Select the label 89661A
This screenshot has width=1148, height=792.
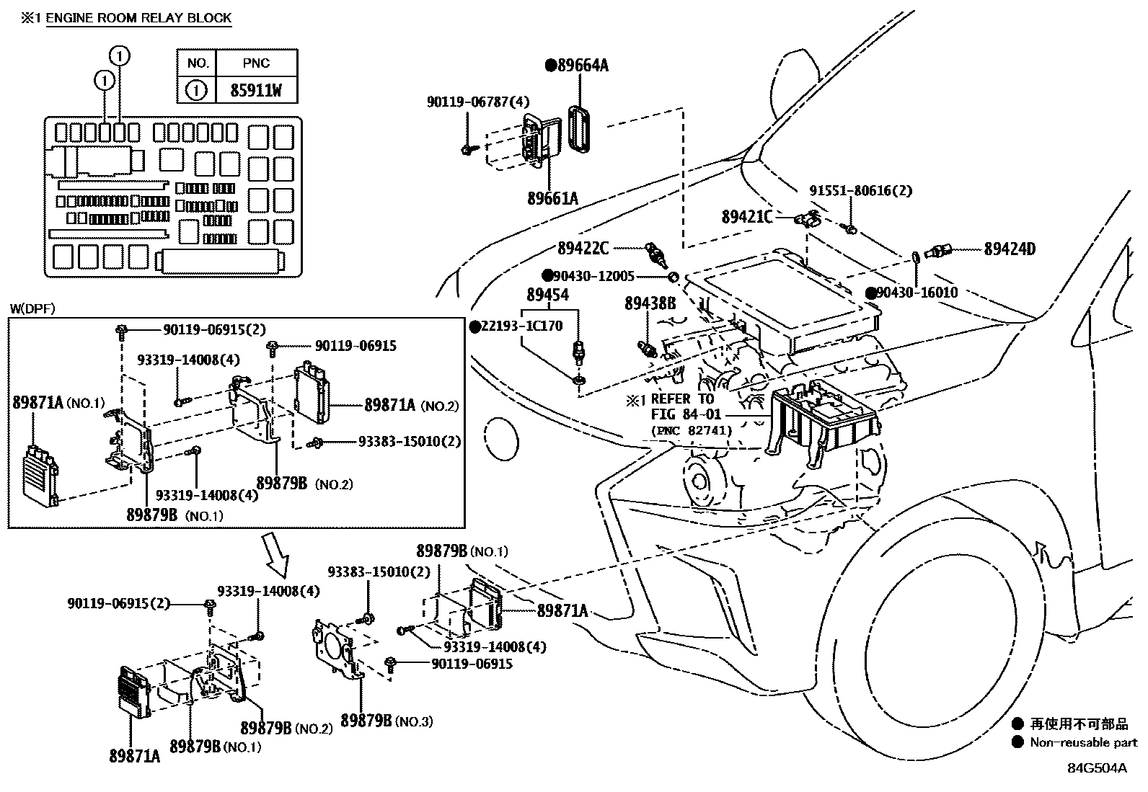(552, 198)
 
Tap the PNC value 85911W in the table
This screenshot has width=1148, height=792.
(256, 90)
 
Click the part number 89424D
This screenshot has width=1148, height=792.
(1010, 249)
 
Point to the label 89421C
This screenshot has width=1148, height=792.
(746, 217)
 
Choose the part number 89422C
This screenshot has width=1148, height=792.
(583, 249)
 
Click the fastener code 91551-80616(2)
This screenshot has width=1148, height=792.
(860, 191)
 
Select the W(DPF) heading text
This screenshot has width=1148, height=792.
(32, 309)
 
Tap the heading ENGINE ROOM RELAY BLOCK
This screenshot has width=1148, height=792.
(139, 18)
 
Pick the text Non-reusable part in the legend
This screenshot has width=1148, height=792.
(1083, 742)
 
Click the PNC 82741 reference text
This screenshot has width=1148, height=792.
(692, 430)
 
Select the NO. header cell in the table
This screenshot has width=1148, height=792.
(198, 63)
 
